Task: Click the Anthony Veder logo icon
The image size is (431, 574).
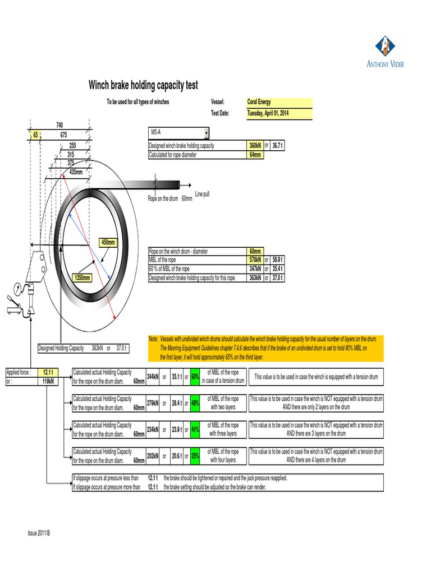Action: pos(385,47)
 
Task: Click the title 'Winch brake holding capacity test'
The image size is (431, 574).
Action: pos(143,85)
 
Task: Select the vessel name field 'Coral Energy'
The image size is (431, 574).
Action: pos(279,102)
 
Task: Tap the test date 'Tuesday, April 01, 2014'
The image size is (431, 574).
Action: pos(279,113)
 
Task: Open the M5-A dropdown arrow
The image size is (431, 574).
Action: pos(207,133)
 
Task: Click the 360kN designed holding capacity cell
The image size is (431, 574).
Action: pos(255,146)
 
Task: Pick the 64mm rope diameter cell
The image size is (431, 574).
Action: pos(255,155)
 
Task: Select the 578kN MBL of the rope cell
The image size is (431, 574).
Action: pos(255,260)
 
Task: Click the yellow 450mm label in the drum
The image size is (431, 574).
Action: pos(108,242)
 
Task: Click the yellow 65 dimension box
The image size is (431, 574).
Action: pos(35,135)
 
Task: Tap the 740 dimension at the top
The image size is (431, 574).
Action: pos(59,124)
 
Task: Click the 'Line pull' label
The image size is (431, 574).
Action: pos(202,194)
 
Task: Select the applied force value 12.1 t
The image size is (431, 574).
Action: pos(48,372)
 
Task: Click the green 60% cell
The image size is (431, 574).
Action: pos(195,377)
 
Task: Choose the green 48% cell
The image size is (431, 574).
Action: pos(195,403)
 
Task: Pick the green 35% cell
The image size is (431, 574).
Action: pos(195,456)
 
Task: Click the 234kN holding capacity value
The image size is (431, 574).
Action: pos(152,430)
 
